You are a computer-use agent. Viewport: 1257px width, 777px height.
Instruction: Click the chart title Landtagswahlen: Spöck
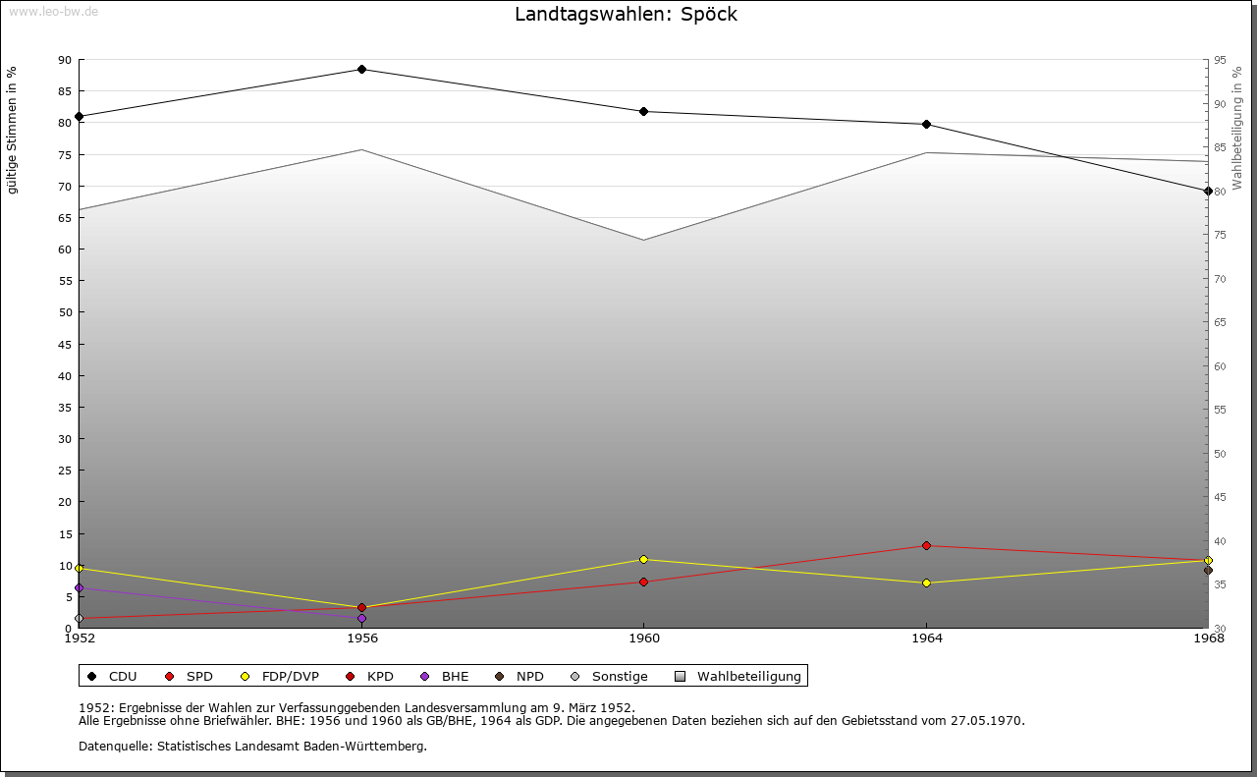pos(626,15)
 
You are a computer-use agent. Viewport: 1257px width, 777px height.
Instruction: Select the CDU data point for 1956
pos(362,70)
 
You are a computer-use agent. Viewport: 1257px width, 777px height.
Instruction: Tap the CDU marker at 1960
pos(644,112)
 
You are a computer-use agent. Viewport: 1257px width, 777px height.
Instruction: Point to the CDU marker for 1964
pos(926,125)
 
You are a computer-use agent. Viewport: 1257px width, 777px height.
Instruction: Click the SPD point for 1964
pos(926,546)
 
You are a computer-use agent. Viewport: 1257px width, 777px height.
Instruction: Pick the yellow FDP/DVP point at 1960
pos(644,560)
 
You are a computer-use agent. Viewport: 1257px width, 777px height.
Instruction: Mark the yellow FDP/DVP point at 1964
pos(926,583)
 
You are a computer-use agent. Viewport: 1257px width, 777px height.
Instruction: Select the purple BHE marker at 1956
pos(362,619)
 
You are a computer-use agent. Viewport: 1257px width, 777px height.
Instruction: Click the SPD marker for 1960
pos(644,583)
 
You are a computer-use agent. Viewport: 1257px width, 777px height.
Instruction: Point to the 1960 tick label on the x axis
pos(644,638)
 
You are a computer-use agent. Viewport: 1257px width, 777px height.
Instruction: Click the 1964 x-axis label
pos(926,638)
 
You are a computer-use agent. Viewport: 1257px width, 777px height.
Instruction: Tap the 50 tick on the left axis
pos(65,312)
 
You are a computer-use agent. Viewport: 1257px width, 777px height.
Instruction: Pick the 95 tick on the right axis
pos(1220,60)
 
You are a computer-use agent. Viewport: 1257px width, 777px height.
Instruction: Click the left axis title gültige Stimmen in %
pos(13,130)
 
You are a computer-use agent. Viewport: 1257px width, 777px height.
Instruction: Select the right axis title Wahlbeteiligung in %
pos(1237,128)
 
